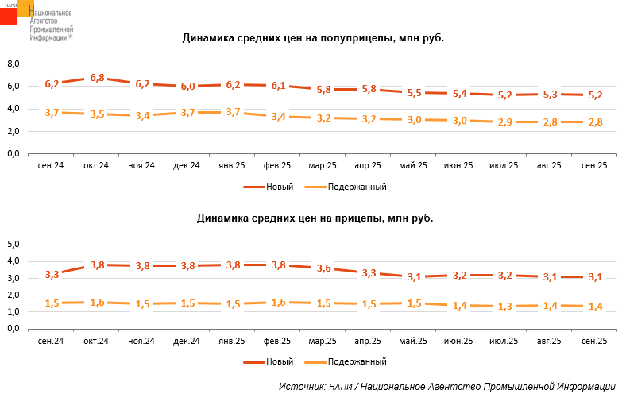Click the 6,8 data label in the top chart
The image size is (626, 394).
point(98,78)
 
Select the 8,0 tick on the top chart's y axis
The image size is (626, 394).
point(13,64)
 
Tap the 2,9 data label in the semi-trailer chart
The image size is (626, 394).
point(504,122)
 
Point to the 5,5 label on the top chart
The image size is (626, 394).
point(415,93)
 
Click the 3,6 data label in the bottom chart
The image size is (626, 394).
point(324,268)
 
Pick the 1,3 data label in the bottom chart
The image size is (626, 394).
point(504,307)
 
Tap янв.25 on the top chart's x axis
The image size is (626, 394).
point(233,165)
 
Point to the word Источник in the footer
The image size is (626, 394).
point(301,387)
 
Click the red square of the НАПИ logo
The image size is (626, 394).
point(9,14)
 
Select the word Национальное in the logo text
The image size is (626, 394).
point(50,14)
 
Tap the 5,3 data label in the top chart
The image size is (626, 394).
point(550,95)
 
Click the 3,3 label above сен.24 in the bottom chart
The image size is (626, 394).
point(52,275)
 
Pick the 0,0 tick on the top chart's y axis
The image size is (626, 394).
point(13,153)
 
